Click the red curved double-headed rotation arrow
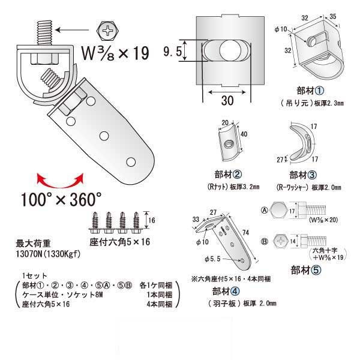coord(59,178)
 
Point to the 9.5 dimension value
coord(172,52)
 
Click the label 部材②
coord(229,175)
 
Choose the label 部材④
coord(227,292)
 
